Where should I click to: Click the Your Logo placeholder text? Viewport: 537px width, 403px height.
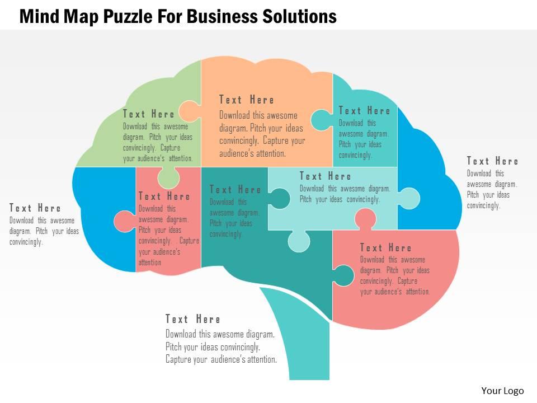tap(502, 391)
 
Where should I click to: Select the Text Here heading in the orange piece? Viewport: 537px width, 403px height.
tap(247, 100)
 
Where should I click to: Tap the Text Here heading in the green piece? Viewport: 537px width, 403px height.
tap(149, 114)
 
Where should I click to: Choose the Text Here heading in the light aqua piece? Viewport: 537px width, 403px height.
tap(326, 176)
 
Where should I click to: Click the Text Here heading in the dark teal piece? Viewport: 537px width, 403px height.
tap(235, 190)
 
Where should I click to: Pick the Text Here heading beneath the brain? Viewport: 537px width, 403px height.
tap(193, 319)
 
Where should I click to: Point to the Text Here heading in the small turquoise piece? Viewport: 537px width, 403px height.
tap(365, 111)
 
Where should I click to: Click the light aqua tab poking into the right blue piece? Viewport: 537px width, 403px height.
tap(409, 198)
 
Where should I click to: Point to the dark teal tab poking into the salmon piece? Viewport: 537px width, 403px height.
tap(343, 275)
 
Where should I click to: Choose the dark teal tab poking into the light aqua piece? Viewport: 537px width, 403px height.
tap(280, 198)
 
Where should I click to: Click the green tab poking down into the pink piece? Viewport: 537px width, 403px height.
tap(168, 179)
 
